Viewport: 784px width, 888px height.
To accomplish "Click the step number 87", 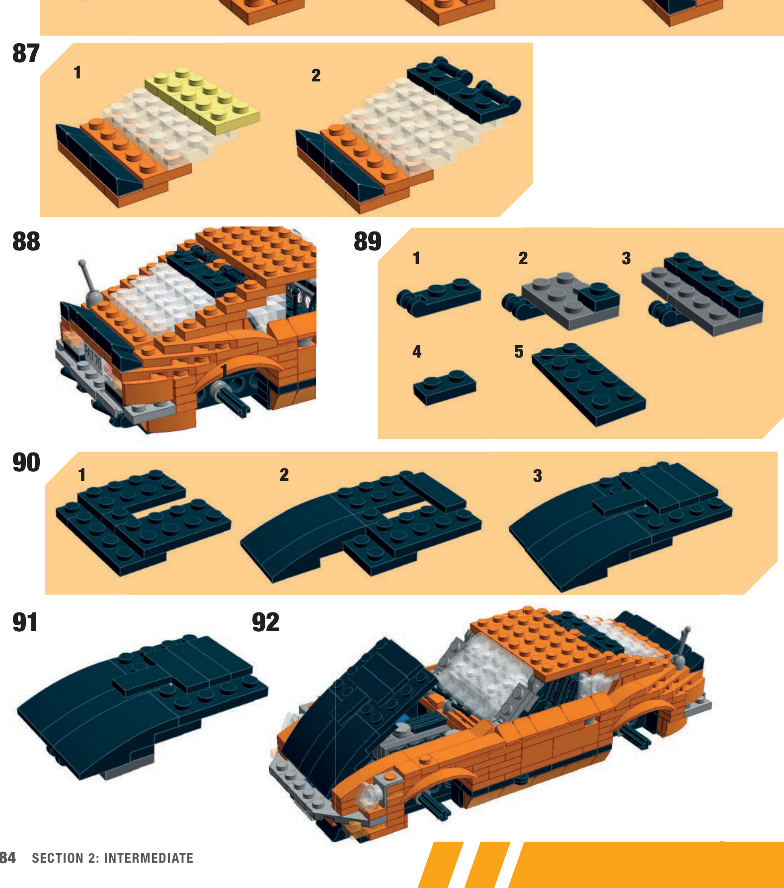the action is click(x=26, y=54).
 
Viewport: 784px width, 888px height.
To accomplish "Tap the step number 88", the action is click(x=26, y=241).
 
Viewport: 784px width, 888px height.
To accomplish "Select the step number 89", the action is click(x=368, y=241).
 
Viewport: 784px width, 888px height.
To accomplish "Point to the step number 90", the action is click(x=26, y=462).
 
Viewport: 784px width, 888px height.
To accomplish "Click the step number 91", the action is click(x=25, y=622).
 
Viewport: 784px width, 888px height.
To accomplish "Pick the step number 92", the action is click(x=266, y=622).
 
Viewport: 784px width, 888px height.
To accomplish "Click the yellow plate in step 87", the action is click(x=202, y=96).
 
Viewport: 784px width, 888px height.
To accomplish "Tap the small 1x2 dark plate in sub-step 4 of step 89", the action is click(x=445, y=387).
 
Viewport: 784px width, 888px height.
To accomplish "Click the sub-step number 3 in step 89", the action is click(x=626, y=258).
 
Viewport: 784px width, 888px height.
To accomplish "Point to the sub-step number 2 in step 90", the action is click(x=284, y=475).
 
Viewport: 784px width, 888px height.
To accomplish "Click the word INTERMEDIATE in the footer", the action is click(x=149, y=858).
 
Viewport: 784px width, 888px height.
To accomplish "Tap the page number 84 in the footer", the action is click(x=7, y=858).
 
